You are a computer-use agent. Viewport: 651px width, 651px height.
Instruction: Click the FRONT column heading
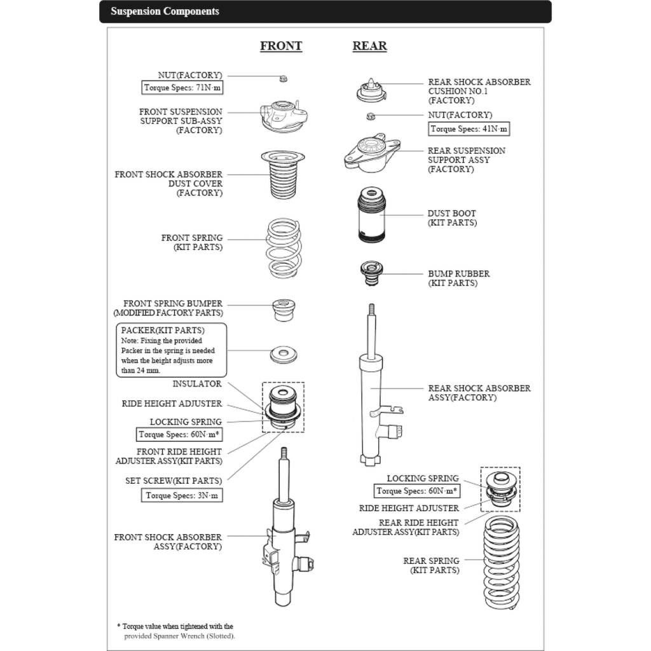pos(281,46)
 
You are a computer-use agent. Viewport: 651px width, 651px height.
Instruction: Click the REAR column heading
pos(369,46)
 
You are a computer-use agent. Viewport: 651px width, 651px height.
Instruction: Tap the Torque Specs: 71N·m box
pos(182,88)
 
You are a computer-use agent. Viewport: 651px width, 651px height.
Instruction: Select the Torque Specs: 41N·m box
pos(469,129)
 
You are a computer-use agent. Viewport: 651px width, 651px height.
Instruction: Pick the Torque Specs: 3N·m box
pos(182,495)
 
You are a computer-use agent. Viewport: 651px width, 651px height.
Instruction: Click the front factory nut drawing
pos(284,79)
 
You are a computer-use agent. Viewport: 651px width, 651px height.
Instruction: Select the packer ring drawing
pos(284,353)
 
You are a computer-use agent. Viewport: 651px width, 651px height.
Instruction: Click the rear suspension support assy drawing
pos(372,154)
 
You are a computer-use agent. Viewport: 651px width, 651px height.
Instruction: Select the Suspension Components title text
pos(165,11)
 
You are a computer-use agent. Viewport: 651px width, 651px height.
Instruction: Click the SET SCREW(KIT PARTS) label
pos(174,481)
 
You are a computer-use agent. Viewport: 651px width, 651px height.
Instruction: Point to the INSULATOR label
pos(197,384)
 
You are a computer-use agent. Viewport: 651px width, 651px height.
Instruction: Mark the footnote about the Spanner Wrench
pos(175,631)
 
